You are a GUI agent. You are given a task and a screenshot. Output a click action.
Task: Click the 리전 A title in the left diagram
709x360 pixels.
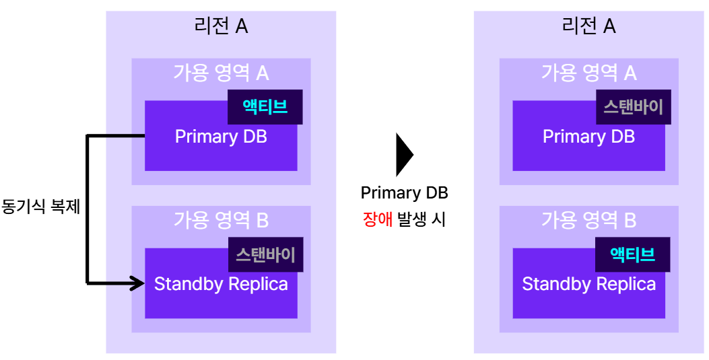click(x=221, y=26)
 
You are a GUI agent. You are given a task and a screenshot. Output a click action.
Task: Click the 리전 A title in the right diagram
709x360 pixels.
click(x=588, y=26)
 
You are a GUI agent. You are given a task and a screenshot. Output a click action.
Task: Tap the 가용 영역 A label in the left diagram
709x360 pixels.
click(x=221, y=73)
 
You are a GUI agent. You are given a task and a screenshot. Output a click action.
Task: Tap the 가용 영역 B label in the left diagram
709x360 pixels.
click(x=221, y=220)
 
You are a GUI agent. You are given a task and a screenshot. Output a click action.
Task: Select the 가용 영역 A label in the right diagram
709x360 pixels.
click(x=588, y=73)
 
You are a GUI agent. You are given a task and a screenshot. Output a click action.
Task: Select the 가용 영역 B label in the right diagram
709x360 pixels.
click(x=588, y=220)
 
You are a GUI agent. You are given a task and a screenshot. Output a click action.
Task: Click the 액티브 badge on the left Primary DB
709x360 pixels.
click(x=265, y=107)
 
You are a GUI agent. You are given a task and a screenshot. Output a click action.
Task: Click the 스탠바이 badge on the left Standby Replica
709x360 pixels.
click(x=265, y=254)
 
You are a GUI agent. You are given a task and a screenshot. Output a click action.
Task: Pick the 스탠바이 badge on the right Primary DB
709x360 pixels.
click(x=633, y=107)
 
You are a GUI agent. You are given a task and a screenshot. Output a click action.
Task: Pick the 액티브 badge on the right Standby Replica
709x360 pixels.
click(x=633, y=254)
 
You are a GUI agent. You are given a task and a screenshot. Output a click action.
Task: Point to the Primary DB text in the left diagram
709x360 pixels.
click(x=221, y=137)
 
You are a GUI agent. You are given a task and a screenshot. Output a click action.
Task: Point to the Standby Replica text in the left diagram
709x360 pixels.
click(x=221, y=284)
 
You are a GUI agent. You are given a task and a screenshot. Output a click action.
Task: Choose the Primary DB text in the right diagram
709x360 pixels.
click(x=588, y=137)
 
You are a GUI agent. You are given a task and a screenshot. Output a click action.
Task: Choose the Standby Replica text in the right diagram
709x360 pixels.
click(x=588, y=284)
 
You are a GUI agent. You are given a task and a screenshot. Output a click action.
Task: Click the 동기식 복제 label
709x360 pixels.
click(x=41, y=207)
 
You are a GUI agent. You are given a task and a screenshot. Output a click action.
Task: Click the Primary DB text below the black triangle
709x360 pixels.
click(x=404, y=193)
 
